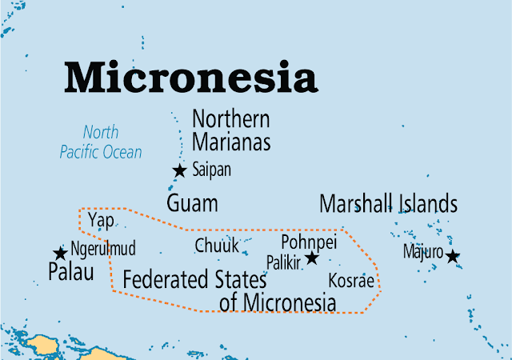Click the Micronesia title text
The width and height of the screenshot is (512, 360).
(x=190, y=78)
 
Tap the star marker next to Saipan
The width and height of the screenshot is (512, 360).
(x=180, y=170)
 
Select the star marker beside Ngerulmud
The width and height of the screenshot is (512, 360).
(x=60, y=254)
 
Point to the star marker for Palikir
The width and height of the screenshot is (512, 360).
(x=312, y=258)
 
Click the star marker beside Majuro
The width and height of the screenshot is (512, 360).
(x=453, y=256)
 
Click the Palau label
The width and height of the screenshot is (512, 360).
(x=71, y=272)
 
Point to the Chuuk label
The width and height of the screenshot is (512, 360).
(x=217, y=245)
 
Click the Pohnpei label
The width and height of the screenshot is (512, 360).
(x=309, y=241)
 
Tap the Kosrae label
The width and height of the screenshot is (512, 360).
(x=351, y=281)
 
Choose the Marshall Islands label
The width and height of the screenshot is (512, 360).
(x=388, y=203)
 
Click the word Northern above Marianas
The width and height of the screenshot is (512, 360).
(x=230, y=120)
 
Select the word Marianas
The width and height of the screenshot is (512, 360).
(x=230, y=142)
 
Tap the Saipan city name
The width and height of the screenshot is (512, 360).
(x=211, y=170)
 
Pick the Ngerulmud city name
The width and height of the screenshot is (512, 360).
(x=103, y=247)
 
